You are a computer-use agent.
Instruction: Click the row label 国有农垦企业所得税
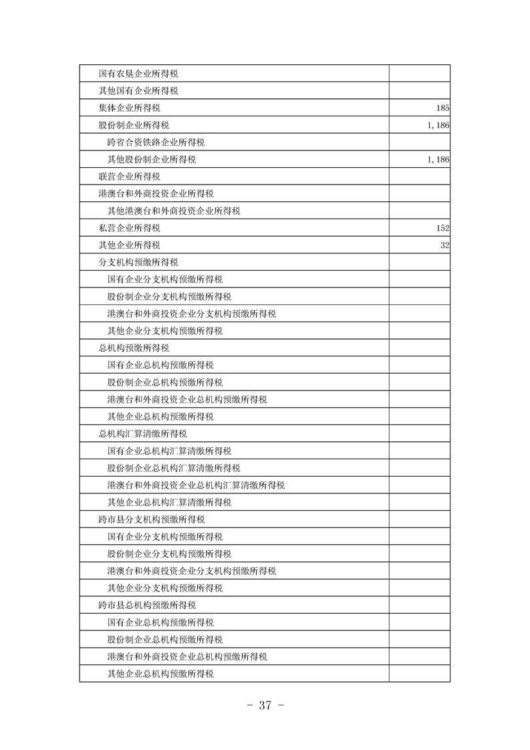click(x=142, y=73)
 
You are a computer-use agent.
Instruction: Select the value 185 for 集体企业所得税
click(x=441, y=108)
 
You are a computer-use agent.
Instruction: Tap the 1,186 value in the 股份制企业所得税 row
click(x=436, y=125)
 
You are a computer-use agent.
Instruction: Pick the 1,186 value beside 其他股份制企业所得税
click(x=436, y=159)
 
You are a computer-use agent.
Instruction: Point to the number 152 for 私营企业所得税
click(x=441, y=228)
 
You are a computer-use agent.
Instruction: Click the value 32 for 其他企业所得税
click(x=444, y=245)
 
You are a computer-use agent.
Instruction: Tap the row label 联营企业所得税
click(x=129, y=176)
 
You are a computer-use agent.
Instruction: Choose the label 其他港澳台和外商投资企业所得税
click(x=174, y=211)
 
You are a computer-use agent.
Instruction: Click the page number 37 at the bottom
click(x=265, y=705)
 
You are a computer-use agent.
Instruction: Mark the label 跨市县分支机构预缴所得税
click(x=151, y=519)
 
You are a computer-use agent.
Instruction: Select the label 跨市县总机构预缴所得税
click(x=147, y=605)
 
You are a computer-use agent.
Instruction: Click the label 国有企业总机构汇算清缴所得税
click(x=169, y=451)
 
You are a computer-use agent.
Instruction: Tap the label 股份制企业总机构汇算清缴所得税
click(x=174, y=468)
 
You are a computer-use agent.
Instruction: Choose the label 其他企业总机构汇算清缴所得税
click(x=169, y=502)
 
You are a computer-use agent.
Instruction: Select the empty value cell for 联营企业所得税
click(x=419, y=176)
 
